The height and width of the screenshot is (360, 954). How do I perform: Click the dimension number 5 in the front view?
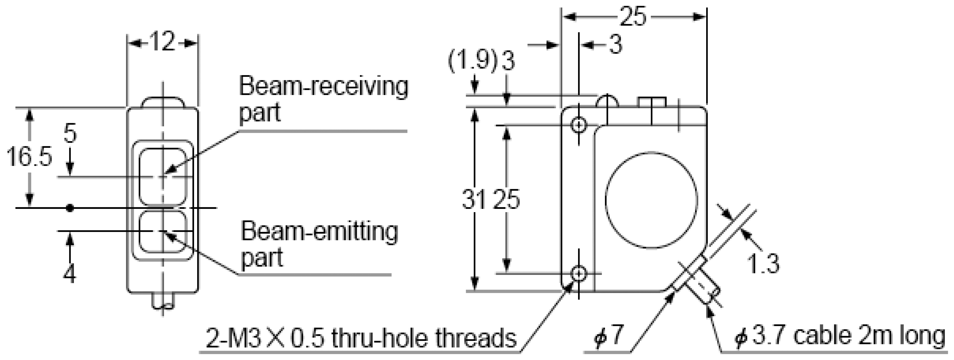(x=70, y=133)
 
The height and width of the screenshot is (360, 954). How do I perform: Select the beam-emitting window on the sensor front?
(x=162, y=231)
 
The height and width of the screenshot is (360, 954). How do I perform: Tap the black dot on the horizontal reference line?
(x=70, y=208)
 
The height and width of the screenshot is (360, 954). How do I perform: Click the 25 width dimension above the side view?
(x=633, y=17)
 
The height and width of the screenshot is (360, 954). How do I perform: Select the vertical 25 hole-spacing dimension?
(x=507, y=199)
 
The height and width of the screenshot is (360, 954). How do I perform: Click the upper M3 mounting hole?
(x=579, y=125)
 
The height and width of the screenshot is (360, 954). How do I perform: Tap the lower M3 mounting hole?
(x=579, y=274)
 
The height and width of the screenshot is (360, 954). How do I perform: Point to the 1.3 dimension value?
(x=763, y=264)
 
